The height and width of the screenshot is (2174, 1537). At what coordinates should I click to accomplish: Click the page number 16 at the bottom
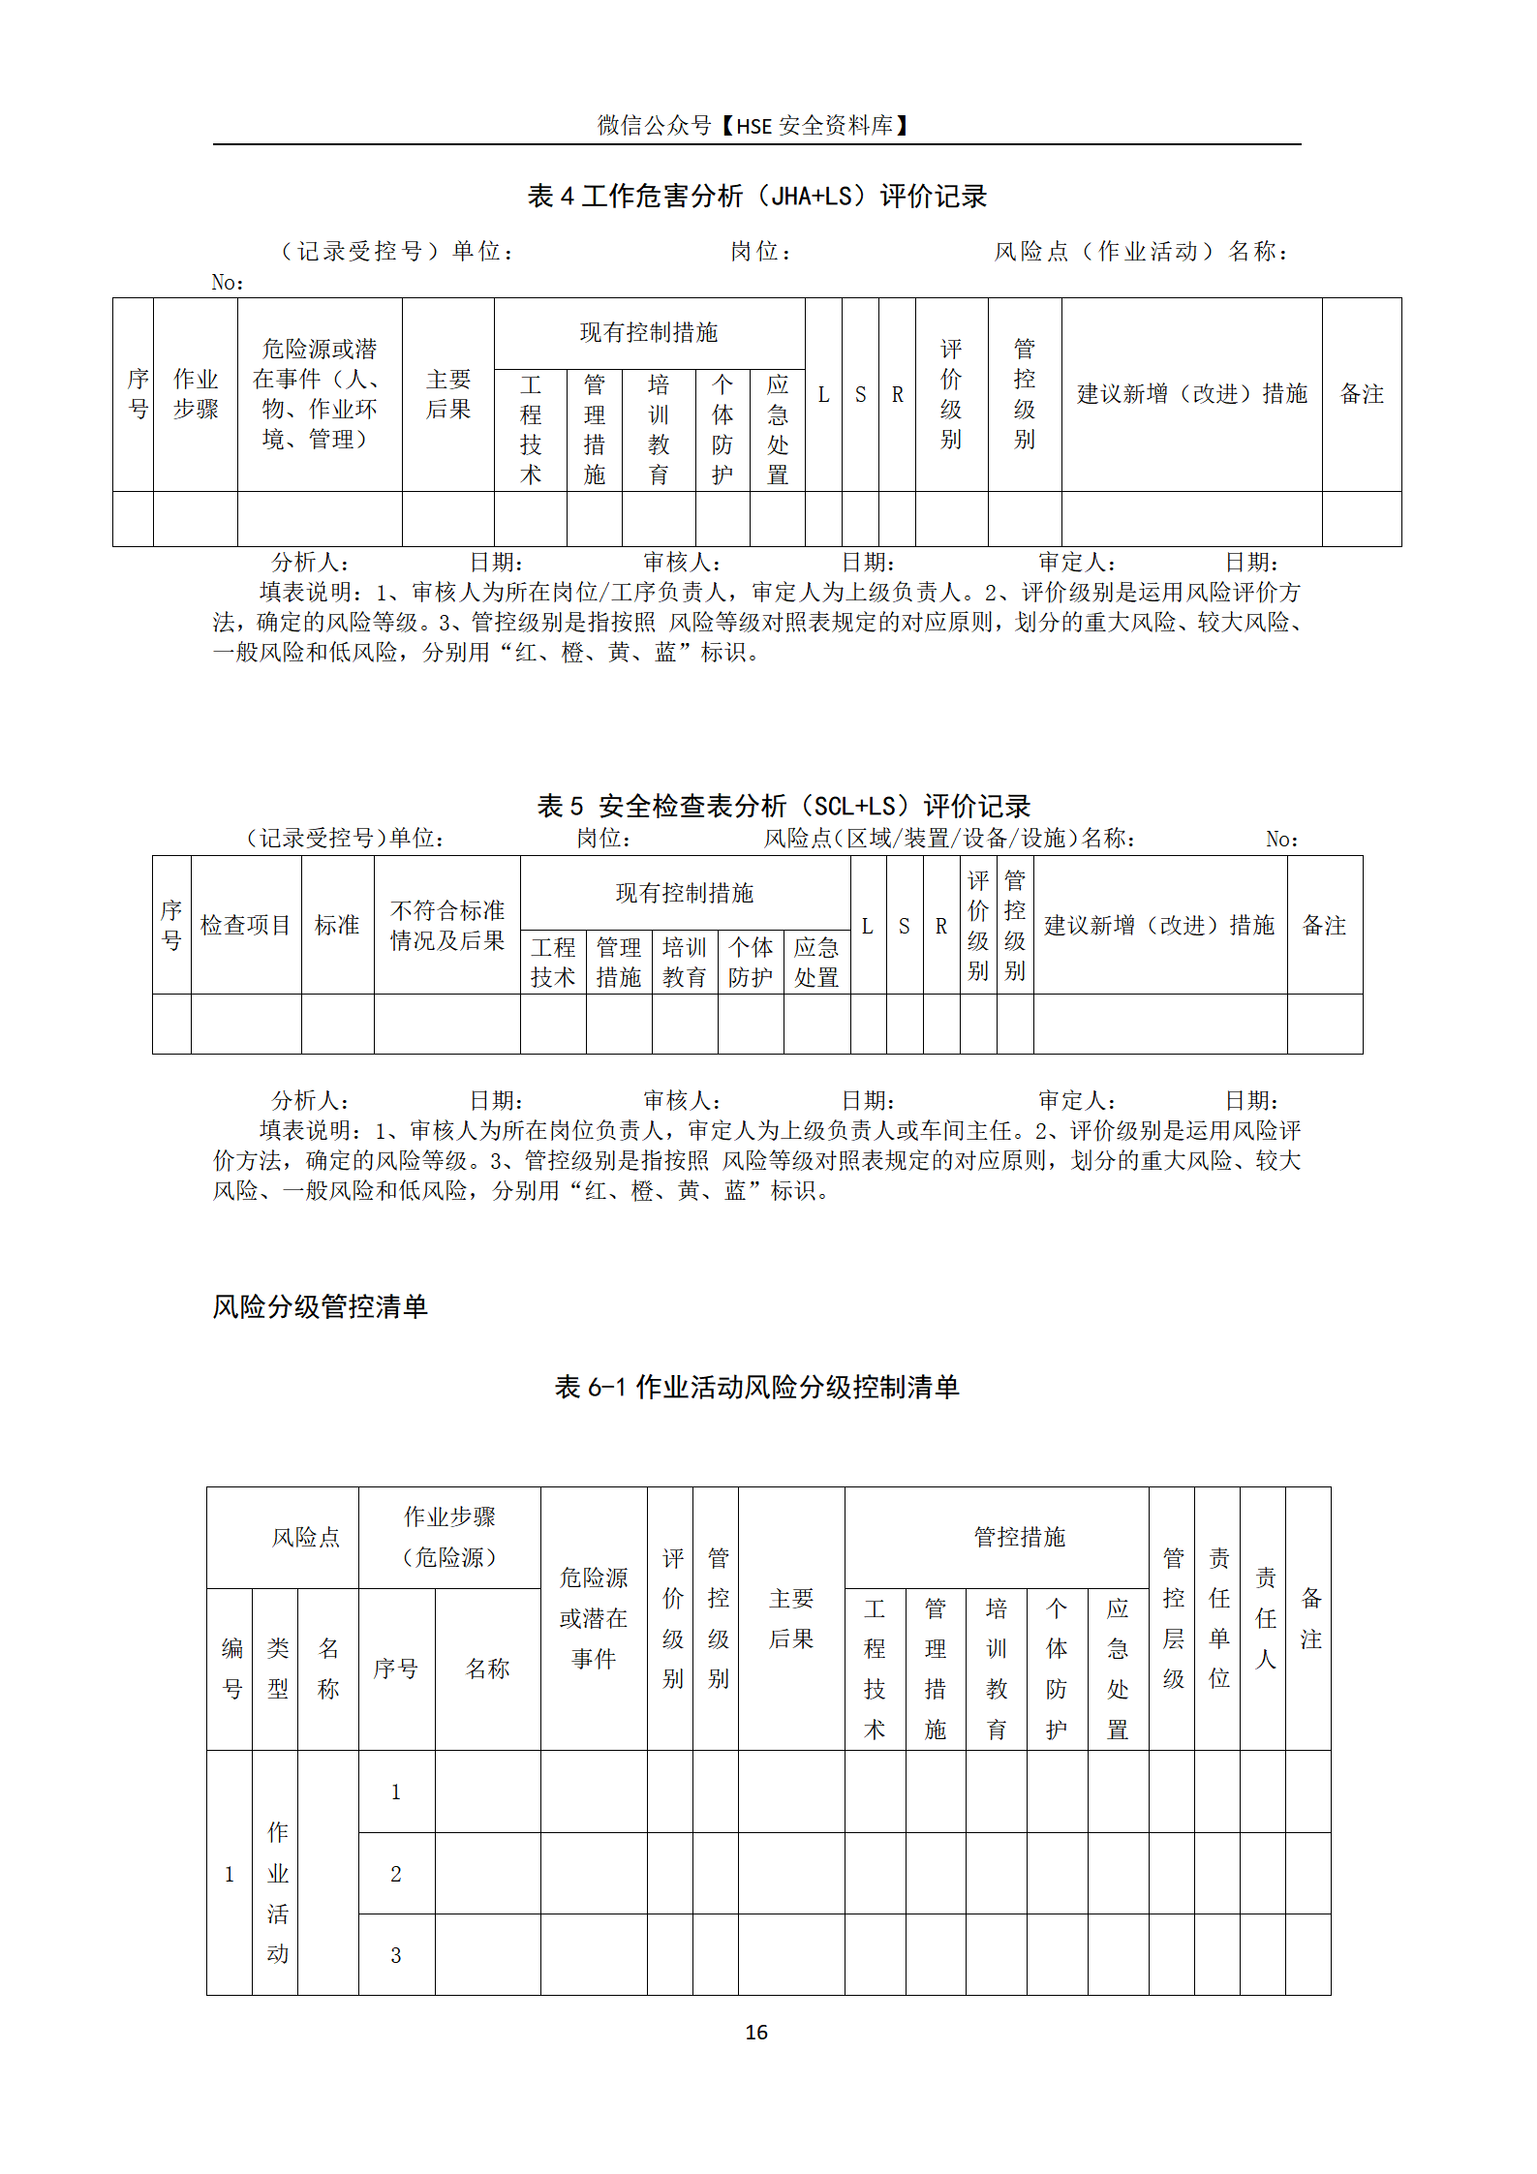756,2033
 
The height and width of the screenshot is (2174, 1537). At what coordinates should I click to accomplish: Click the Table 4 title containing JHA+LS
756,197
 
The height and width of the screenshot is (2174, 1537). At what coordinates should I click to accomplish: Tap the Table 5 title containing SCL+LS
784,806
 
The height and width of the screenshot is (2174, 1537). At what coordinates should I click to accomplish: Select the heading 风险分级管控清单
320,1306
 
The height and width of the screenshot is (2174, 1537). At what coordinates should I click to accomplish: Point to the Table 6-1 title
756,1387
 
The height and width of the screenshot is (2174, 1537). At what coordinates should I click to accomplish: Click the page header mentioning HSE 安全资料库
753,126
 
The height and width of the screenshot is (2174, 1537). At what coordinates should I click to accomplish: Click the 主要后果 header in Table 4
447,394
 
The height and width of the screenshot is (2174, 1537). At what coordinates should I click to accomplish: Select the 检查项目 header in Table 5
245,925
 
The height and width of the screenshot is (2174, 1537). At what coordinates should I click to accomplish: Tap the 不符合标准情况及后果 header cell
446,925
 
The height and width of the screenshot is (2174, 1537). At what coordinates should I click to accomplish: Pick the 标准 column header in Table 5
337,925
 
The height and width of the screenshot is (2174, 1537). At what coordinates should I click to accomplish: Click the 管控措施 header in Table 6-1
1019,1537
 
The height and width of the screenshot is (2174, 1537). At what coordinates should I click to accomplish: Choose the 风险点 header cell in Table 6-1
306,1537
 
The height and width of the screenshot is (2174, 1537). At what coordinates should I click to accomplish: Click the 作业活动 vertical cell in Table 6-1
277,1892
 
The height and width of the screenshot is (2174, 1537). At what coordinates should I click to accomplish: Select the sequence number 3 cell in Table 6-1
395,1955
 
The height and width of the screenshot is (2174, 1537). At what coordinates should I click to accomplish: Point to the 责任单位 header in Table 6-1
1218,1617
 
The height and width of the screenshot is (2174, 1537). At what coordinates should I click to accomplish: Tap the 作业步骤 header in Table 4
196,394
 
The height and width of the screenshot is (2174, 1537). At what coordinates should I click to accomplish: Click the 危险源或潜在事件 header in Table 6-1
594,1617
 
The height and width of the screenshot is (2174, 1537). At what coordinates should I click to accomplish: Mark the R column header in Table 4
897,394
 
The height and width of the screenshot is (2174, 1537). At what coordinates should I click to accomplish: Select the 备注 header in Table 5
1324,925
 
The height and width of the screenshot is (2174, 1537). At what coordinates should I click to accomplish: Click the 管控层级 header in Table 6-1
1173,1617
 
